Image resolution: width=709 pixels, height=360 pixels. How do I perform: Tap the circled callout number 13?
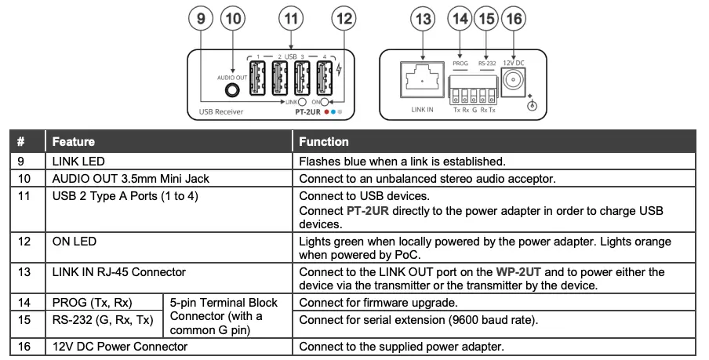click(423, 18)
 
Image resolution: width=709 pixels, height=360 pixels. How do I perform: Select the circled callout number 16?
click(514, 18)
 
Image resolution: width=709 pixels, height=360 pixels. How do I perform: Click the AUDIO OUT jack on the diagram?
click(231, 89)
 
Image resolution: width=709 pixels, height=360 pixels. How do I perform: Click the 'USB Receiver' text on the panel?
click(216, 112)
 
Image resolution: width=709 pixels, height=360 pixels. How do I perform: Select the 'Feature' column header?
click(73, 142)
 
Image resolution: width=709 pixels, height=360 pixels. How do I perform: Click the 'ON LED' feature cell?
click(75, 242)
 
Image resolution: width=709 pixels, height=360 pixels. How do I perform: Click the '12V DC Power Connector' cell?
click(119, 346)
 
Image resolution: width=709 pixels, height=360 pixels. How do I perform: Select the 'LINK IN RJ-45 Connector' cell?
click(118, 272)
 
